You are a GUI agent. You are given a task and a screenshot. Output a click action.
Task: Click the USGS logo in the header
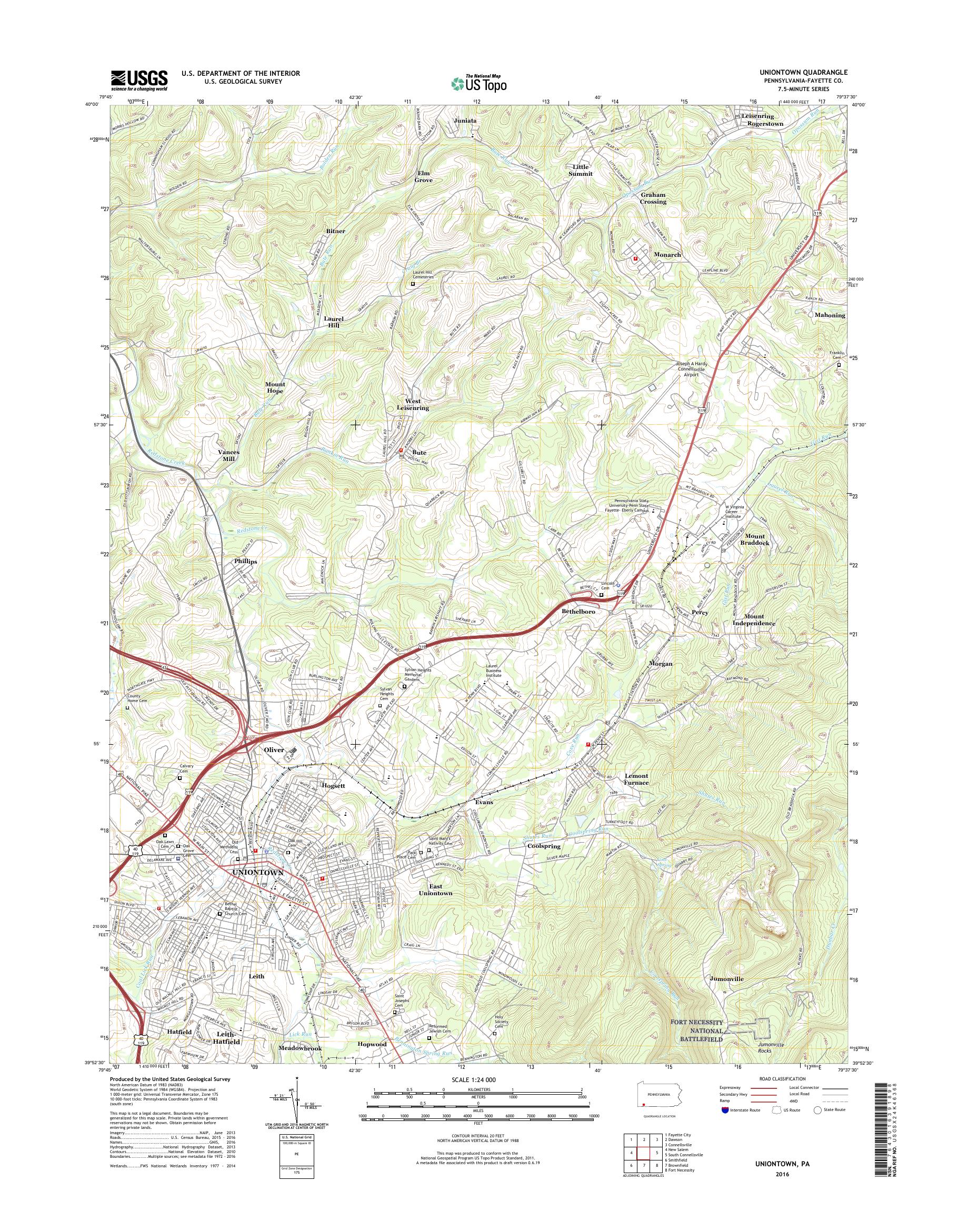point(139,80)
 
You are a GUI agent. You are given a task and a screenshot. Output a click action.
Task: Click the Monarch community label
point(667,255)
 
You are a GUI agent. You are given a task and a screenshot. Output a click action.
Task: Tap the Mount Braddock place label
point(755,539)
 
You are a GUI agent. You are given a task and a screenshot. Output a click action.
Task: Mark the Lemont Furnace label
point(636,779)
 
